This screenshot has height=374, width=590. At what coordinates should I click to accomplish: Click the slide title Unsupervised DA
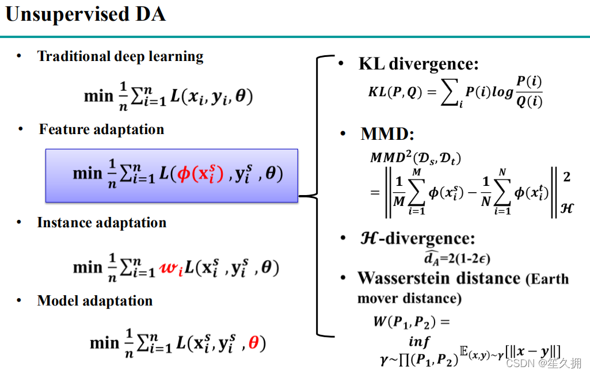tap(85, 15)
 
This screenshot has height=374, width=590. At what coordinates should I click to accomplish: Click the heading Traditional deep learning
tap(120, 56)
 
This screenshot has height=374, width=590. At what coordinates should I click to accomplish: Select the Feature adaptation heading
tap(101, 129)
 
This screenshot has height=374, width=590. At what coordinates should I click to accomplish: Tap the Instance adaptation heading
tap(101, 223)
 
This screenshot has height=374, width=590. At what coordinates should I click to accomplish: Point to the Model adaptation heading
tap(94, 301)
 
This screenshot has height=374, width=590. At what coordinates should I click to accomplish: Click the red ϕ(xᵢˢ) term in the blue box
tap(199, 174)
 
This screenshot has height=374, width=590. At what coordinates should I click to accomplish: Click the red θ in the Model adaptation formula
tap(253, 344)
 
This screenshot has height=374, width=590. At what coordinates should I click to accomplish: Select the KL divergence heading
tap(418, 64)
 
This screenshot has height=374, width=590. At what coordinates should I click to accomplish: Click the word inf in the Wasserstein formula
tap(419, 342)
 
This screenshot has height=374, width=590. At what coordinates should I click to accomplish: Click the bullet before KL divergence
tap(342, 63)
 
